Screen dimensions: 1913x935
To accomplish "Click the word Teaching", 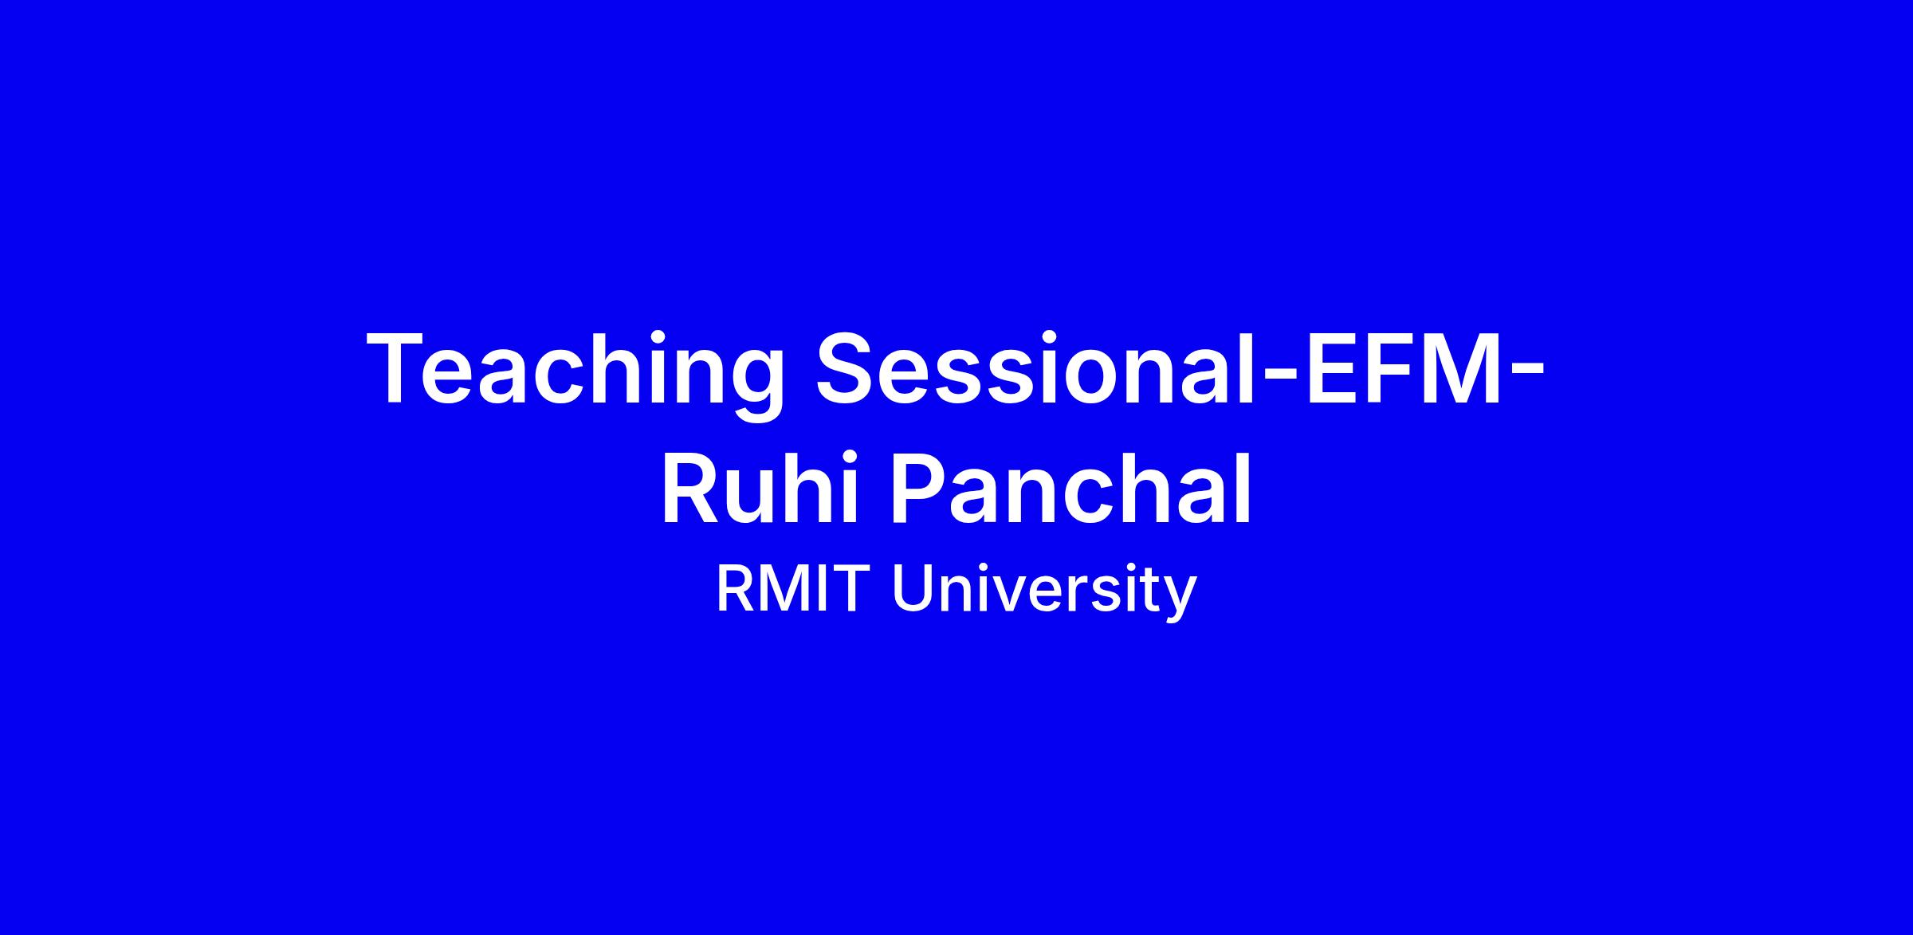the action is click(574, 375).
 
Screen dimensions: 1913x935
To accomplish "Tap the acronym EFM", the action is click(1402, 369).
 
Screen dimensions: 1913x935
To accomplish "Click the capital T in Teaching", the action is click(402, 369).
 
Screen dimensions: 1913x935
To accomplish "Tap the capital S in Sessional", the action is click(848, 369).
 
